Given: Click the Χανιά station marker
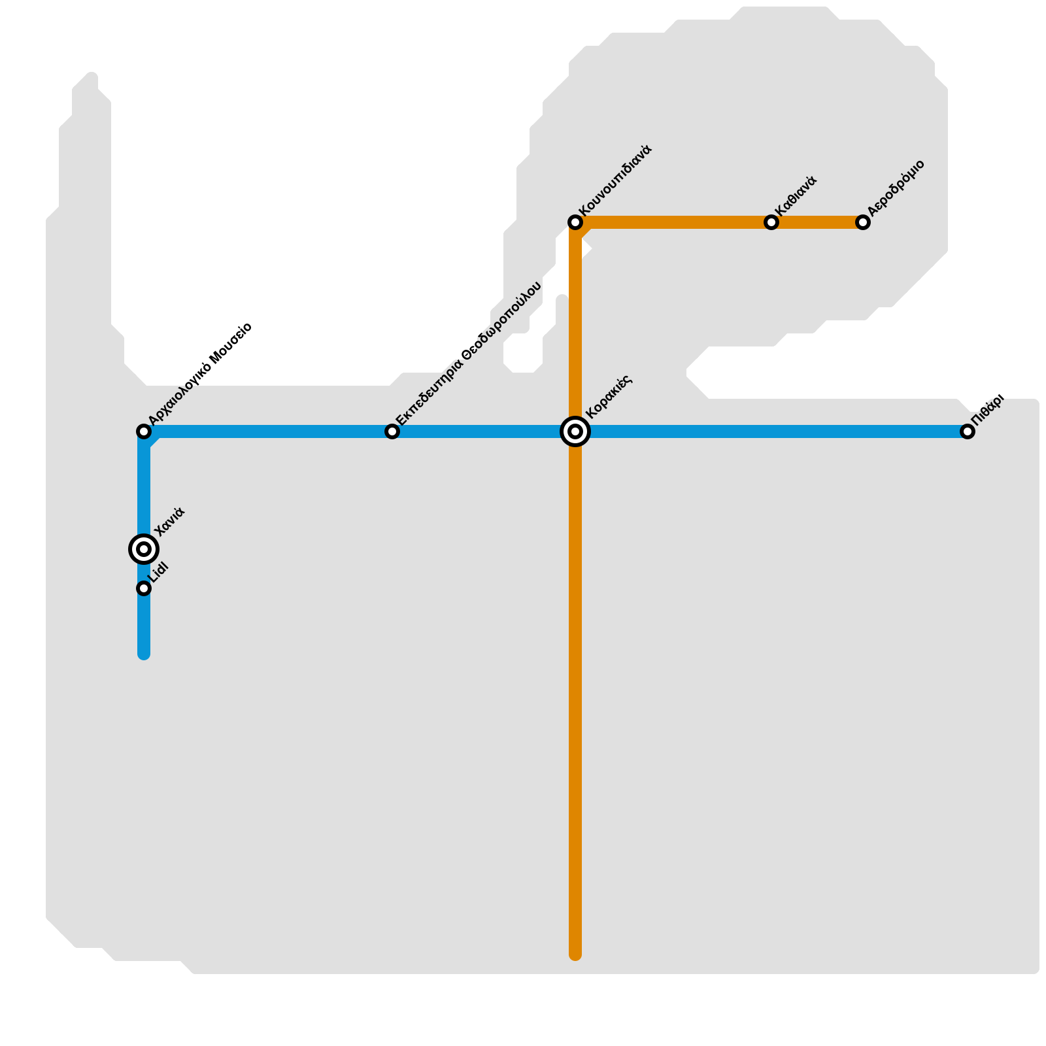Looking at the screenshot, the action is (x=144, y=548).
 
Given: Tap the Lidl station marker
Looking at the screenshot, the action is (x=144, y=588).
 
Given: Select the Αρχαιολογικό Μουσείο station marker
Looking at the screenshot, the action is (x=144, y=431).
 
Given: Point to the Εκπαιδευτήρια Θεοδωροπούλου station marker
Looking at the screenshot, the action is (x=392, y=431).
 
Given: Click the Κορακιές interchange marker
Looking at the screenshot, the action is (x=575, y=431).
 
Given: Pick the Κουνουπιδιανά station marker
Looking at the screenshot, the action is (x=575, y=222).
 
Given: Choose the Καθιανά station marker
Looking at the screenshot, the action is (x=771, y=222).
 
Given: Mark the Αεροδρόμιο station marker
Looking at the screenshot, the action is (x=863, y=222).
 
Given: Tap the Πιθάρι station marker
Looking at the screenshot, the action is (x=968, y=431).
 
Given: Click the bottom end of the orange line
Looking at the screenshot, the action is (x=575, y=954).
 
